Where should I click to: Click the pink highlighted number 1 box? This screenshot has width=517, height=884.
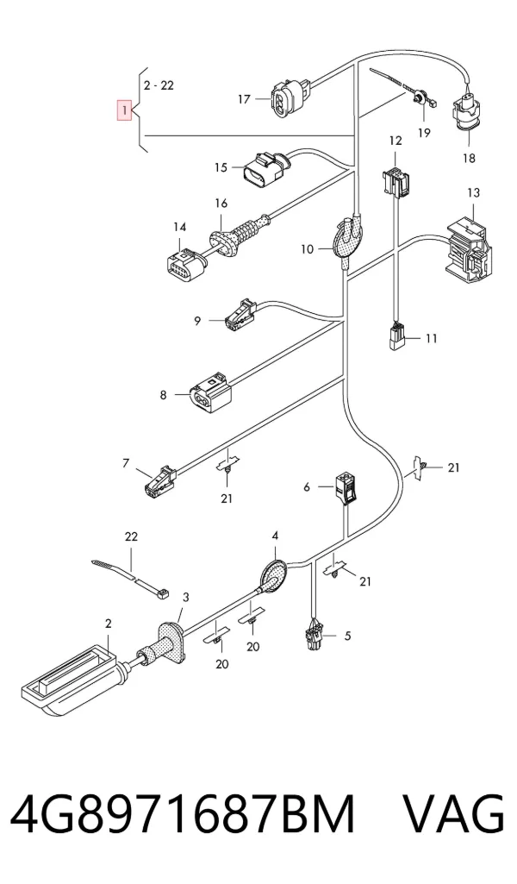tap(124, 110)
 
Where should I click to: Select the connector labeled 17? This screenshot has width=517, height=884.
tap(288, 97)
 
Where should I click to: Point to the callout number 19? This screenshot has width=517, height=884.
tap(424, 133)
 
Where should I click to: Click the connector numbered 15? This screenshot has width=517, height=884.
tap(265, 168)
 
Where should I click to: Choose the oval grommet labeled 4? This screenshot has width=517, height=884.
tap(274, 574)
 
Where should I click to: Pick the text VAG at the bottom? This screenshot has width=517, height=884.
tap(452, 814)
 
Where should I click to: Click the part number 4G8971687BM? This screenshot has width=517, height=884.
tap(184, 814)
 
